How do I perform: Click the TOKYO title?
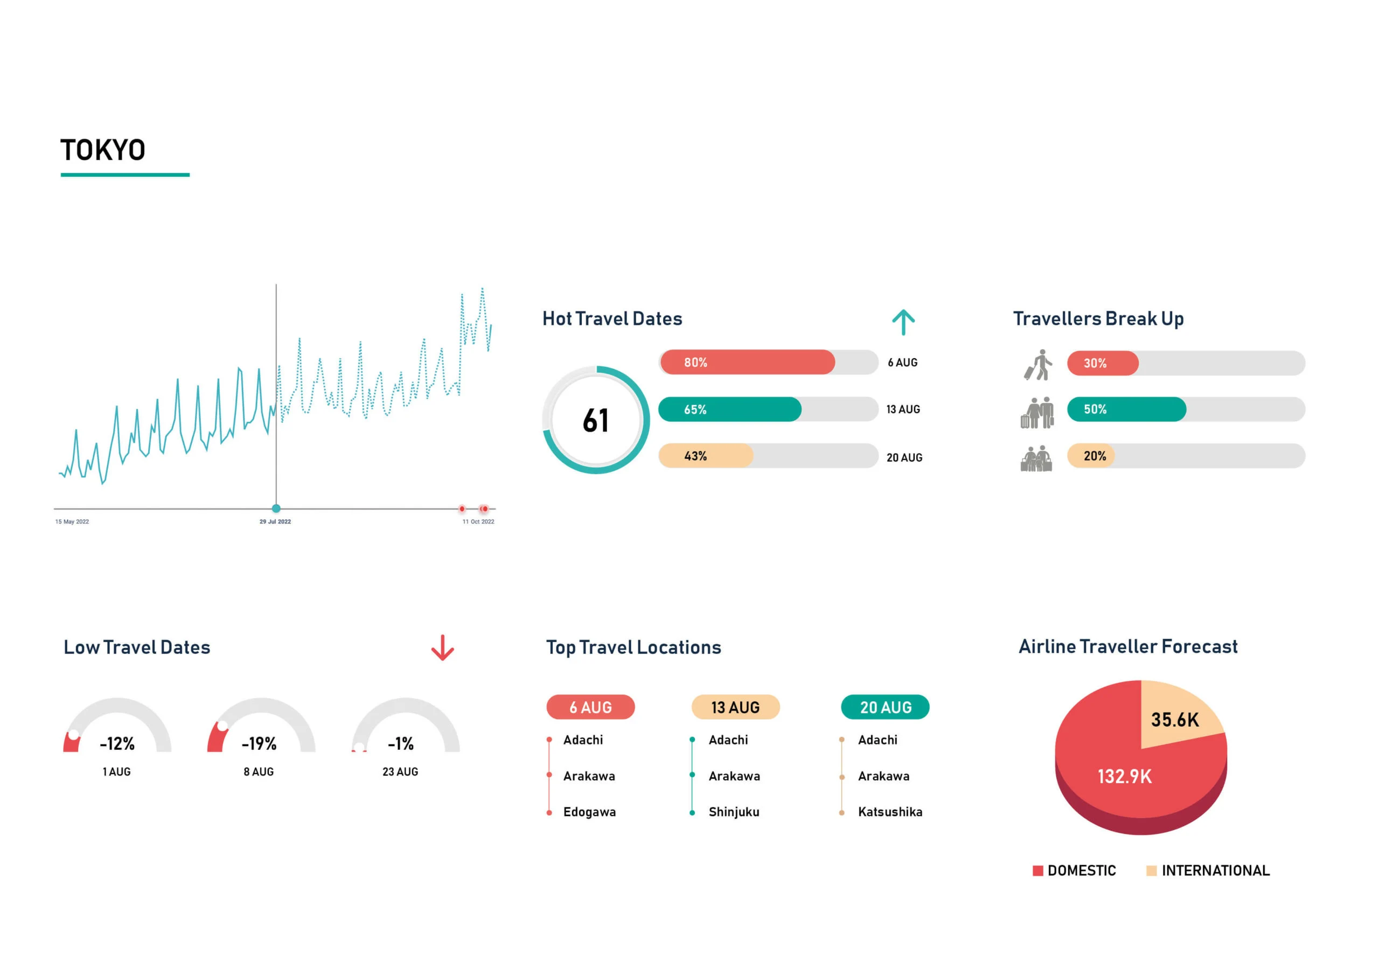(103, 150)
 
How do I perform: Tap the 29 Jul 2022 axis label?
(275, 521)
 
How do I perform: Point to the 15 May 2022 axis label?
(72, 521)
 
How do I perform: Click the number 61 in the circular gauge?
(596, 421)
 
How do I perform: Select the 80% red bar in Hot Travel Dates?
(747, 362)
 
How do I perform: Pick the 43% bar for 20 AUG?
(706, 456)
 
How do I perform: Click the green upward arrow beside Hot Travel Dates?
(903, 322)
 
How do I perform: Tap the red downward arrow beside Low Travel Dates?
(443, 647)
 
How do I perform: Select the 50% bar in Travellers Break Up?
(1126, 409)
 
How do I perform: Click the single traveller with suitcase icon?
(1039, 365)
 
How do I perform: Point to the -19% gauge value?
(259, 744)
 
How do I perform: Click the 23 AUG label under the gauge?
(400, 772)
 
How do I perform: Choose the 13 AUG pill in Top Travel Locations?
(735, 707)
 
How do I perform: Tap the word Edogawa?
(589, 812)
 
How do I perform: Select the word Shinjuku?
(734, 812)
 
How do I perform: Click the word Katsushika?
(890, 812)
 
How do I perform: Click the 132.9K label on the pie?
(1124, 776)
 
